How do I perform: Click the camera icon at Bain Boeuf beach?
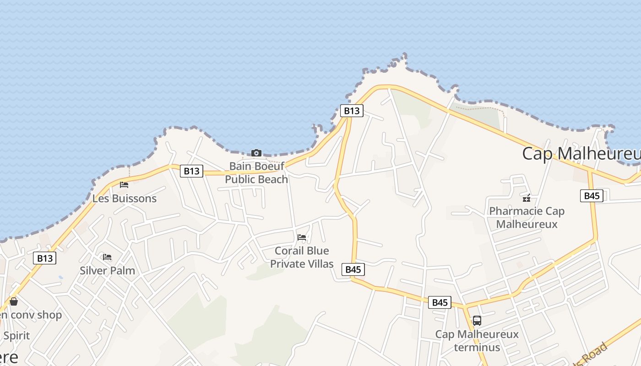[256, 153]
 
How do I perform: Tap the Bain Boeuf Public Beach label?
[256, 172]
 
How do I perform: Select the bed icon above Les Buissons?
[124, 185]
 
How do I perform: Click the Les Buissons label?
[125, 199]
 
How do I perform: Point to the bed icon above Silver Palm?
[107, 257]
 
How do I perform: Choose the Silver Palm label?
[108, 270]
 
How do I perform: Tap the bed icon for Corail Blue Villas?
[302, 237]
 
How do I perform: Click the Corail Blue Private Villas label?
[302, 257]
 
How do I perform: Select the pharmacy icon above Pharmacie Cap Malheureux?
[527, 198]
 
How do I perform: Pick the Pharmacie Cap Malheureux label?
[527, 217]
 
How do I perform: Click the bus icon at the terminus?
[477, 320]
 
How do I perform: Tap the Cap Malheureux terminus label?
[477, 341]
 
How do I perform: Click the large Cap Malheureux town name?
[581, 153]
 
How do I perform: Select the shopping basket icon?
[14, 301]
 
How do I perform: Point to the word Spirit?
[16, 335]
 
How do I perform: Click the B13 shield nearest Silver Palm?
[45, 258]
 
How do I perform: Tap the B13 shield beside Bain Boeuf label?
[191, 171]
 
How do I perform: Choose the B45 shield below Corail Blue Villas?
[353, 269]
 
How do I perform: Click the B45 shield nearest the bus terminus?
[440, 302]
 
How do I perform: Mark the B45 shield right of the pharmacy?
[592, 196]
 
